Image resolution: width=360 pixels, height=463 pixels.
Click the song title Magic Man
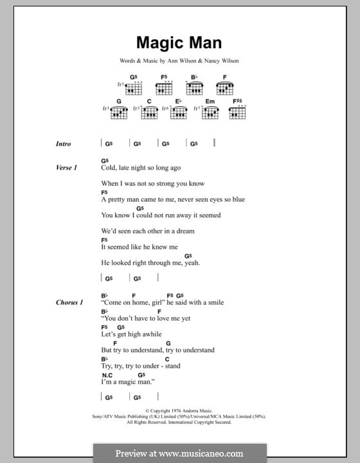pyautogui.click(x=179, y=43)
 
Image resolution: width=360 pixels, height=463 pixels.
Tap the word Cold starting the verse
pyautogui.click(x=109, y=168)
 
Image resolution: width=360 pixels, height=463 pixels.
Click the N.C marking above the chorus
pyautogui.click(x=107, y=374)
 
